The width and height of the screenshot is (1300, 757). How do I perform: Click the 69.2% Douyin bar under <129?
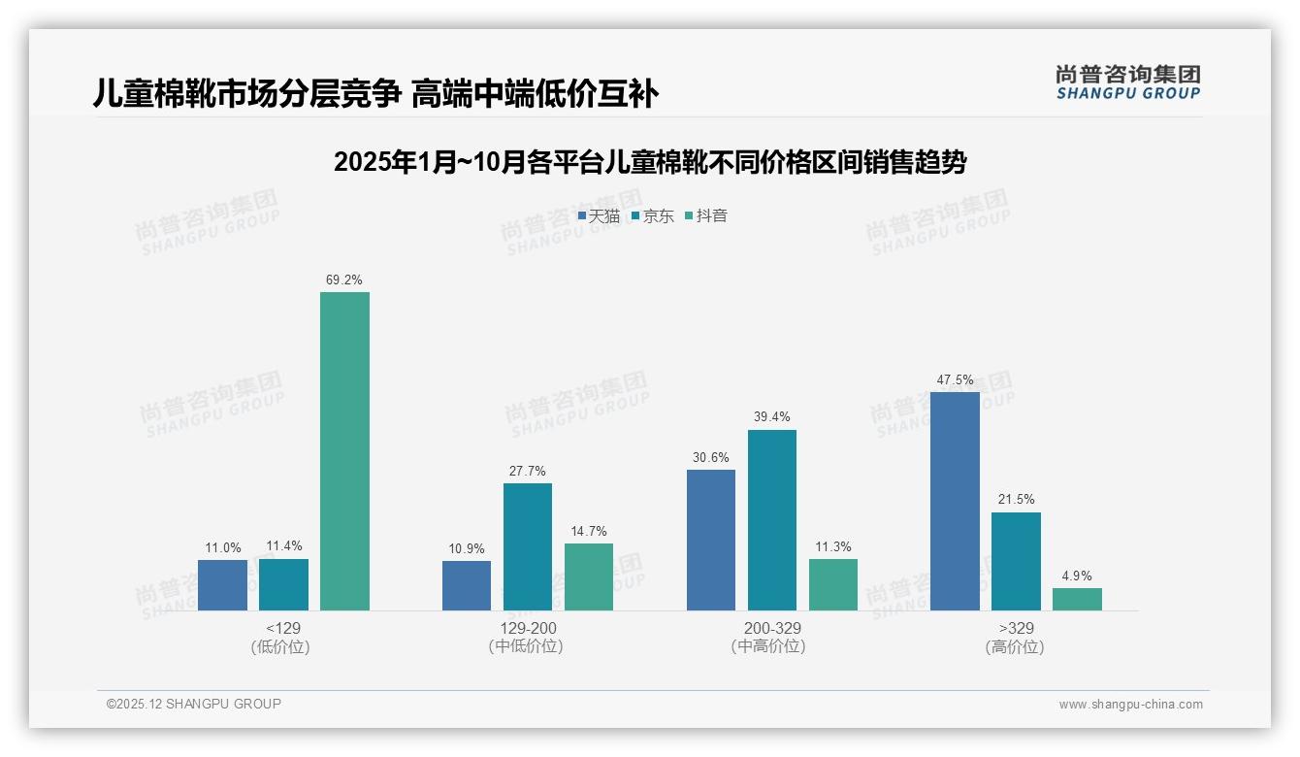point(344,451)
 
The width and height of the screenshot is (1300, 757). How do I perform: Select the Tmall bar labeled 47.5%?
point(955,501)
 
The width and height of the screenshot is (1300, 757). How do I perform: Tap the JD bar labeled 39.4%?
point(772,520)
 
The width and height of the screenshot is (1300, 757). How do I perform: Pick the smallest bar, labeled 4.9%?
point(1077,599)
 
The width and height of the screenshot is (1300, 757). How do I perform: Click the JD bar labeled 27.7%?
point(527,546)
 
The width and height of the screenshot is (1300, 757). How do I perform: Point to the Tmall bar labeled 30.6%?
point(710,540)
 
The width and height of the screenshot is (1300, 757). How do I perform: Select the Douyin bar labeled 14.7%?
point(589,576)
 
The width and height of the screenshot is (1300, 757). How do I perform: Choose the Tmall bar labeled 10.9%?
point(466,585)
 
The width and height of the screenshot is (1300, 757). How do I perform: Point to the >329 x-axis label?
point(1015,629)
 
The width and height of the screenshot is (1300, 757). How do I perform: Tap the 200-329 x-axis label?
point(771,629)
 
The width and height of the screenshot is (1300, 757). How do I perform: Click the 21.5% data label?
point(1015,500)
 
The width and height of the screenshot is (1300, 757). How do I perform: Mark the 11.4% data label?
point(283,546)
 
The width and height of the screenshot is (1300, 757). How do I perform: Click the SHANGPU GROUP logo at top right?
point(1127,82)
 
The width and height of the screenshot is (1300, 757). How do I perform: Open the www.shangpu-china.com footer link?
point(1130,705)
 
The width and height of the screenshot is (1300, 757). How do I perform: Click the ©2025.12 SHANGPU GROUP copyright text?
point(194,704)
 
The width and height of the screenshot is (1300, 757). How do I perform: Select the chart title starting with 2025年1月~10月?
point(650,162)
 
